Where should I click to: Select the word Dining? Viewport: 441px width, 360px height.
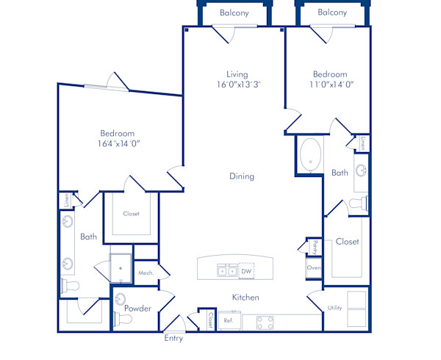(x=241, y=176)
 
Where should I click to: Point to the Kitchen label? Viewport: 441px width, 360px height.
(x=245, y=298)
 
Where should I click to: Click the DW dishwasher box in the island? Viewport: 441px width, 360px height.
(x=246, y=271)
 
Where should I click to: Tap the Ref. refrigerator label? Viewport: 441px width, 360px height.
(x=228, y=320)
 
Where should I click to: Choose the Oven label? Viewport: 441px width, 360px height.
(x=314, y=268)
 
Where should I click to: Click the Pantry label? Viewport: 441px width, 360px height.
(x=315, y=248)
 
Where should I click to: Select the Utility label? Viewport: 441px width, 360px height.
(x=335, y=309)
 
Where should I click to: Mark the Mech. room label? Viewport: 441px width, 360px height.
(x=145, y=273)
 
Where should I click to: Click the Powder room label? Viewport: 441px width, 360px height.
(x=137, y=309)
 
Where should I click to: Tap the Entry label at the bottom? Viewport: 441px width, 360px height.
(x=173, y=339)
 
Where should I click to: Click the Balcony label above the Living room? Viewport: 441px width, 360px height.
(x=234, y=13)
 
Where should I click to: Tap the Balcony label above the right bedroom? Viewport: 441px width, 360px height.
(x=333, y=13)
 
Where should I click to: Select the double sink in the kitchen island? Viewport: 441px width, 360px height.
(x=226, y=271)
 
